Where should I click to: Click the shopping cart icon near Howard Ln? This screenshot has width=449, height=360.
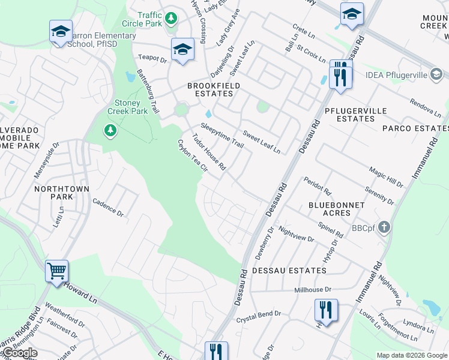point(56,271)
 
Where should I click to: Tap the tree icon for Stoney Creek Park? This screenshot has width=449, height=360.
point(110,130)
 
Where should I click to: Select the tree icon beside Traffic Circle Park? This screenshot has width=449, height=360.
point(171,19)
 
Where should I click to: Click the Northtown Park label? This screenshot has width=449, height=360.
point(62,193)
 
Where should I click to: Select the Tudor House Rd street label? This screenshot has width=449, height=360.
point(208,152)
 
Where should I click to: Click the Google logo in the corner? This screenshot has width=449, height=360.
point(20,353)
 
